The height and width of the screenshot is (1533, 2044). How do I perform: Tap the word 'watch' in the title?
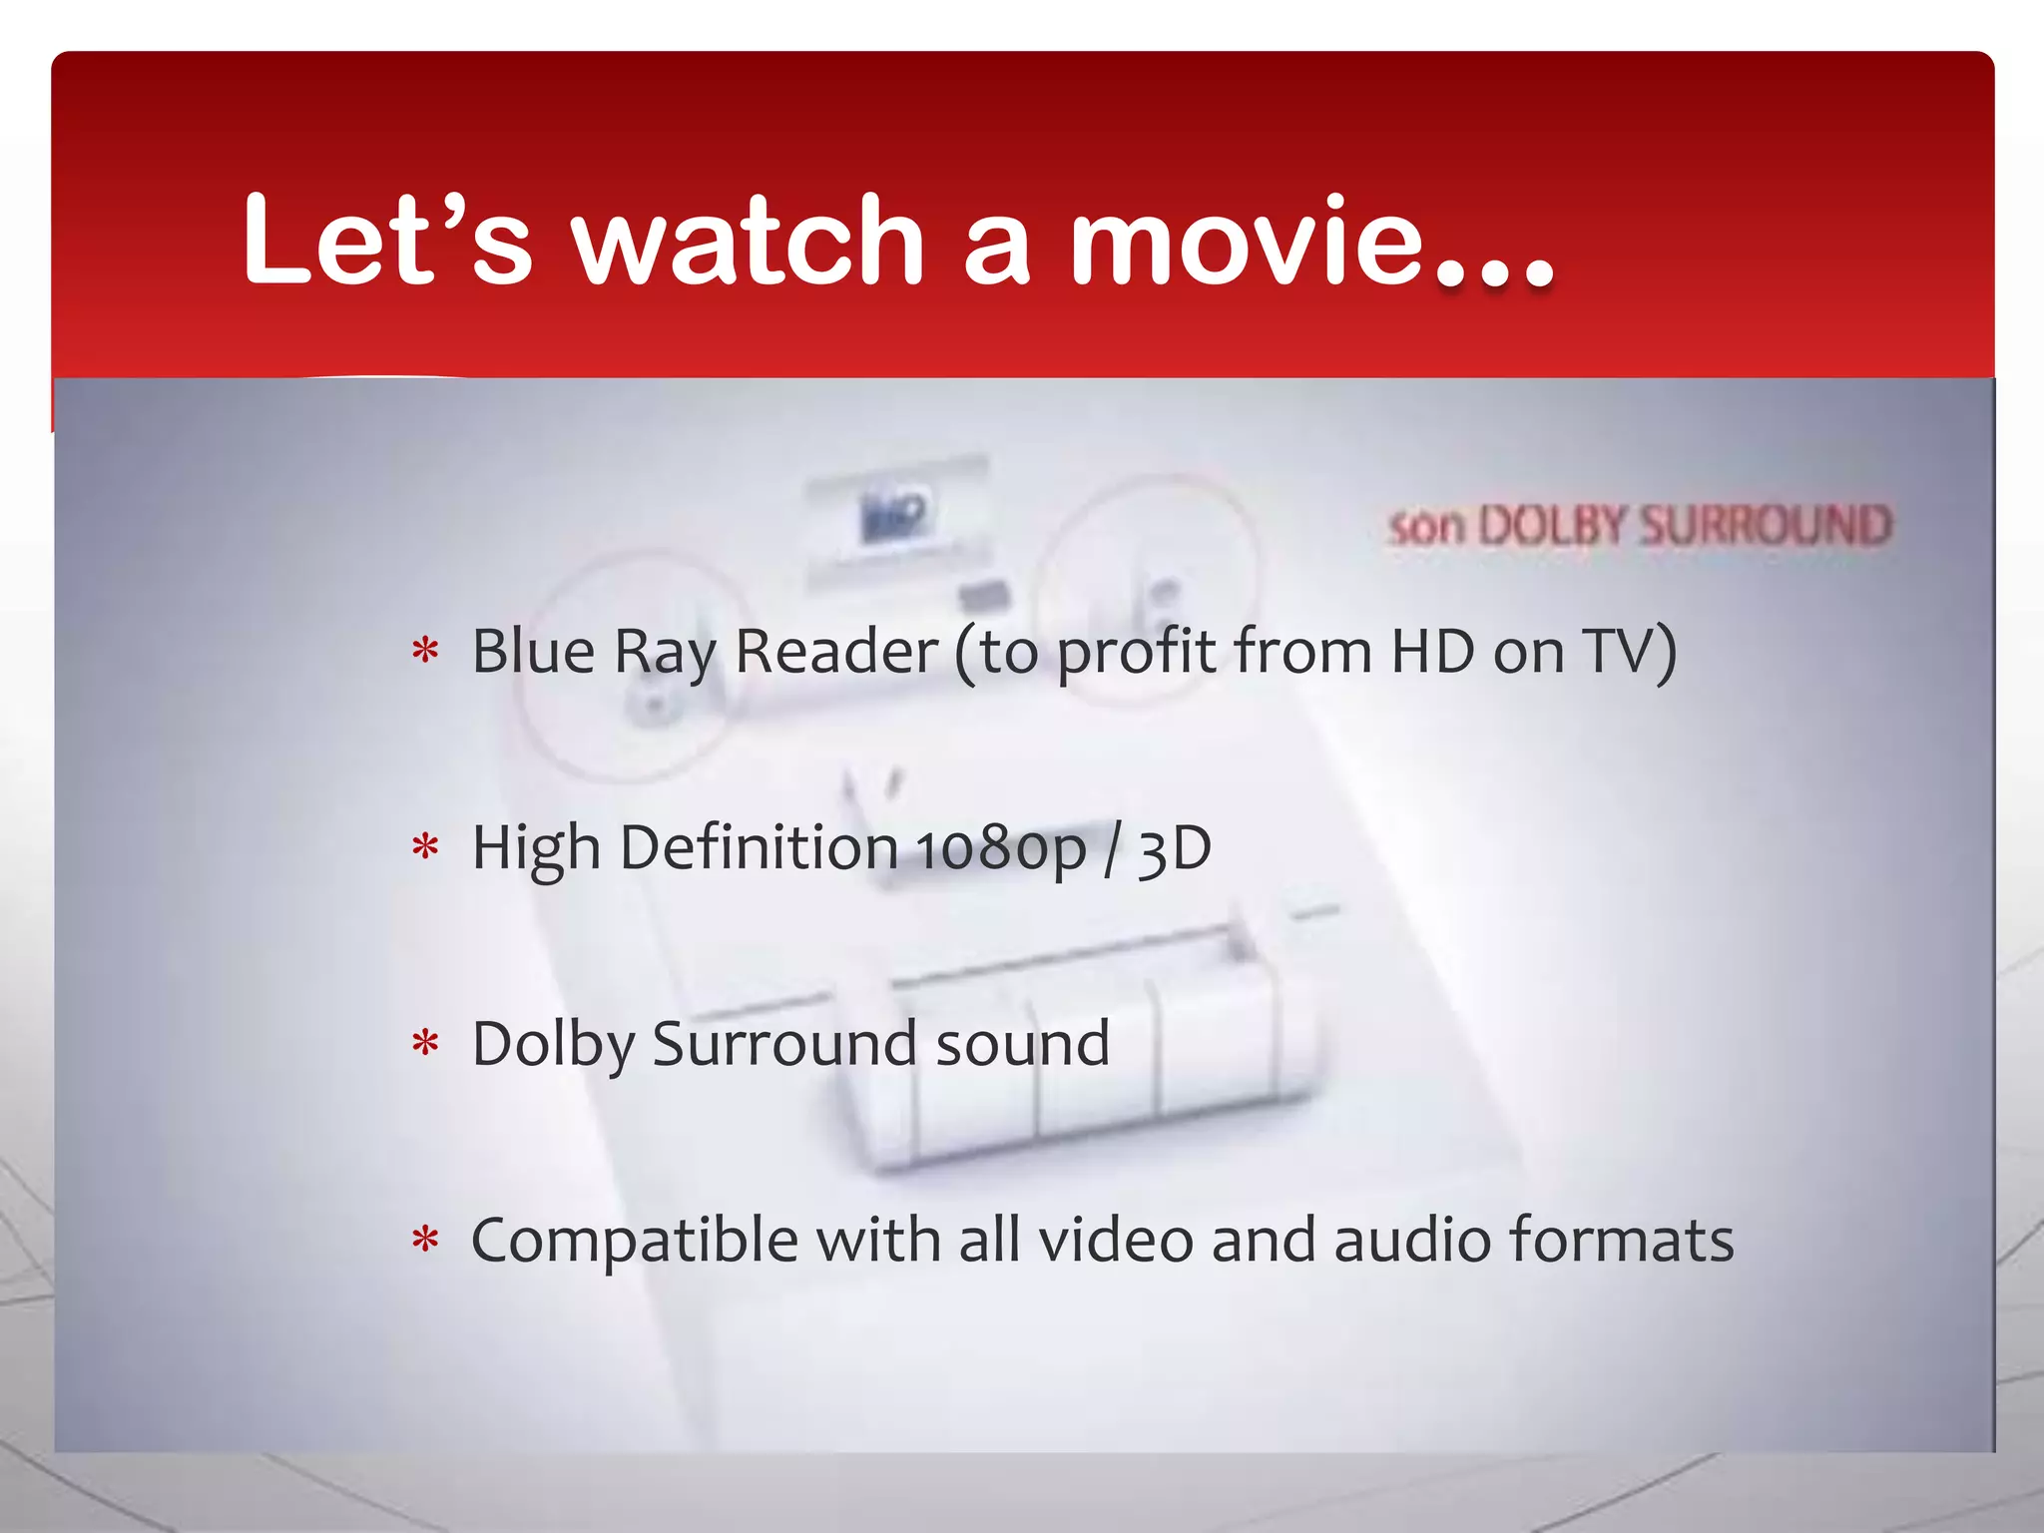click(x=749, y=240)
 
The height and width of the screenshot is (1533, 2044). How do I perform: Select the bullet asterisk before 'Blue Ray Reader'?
click(x=425, y=652)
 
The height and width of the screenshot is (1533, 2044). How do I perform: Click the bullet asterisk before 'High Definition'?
click(x=425, y=848)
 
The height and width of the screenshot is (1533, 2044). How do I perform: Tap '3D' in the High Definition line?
click(x=1174, y=848)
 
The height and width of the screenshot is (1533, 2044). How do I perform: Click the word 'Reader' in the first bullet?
click(x=836, y=652)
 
